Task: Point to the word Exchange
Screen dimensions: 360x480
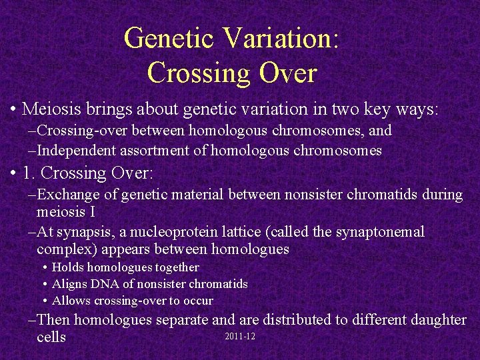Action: point(67,195)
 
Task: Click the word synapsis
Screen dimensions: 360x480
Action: point(82,232)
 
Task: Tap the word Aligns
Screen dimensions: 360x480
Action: point(71,284)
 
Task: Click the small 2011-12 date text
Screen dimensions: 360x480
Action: point(241,336)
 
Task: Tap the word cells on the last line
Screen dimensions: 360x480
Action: point(51,337)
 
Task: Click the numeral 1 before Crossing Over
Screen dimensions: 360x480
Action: point(27,173)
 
